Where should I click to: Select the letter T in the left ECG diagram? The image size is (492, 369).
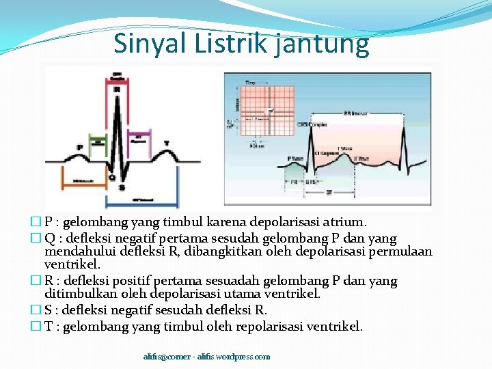(166, 143)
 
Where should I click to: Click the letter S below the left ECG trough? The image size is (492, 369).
(122, 187)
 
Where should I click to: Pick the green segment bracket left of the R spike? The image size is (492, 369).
(100, 142)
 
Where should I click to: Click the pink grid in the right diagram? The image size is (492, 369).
(260, 102)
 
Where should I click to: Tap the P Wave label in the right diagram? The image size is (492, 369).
(295, 159)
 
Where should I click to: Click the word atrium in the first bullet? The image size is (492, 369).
(347, 222)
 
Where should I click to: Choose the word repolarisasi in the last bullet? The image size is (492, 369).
(269, 327)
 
